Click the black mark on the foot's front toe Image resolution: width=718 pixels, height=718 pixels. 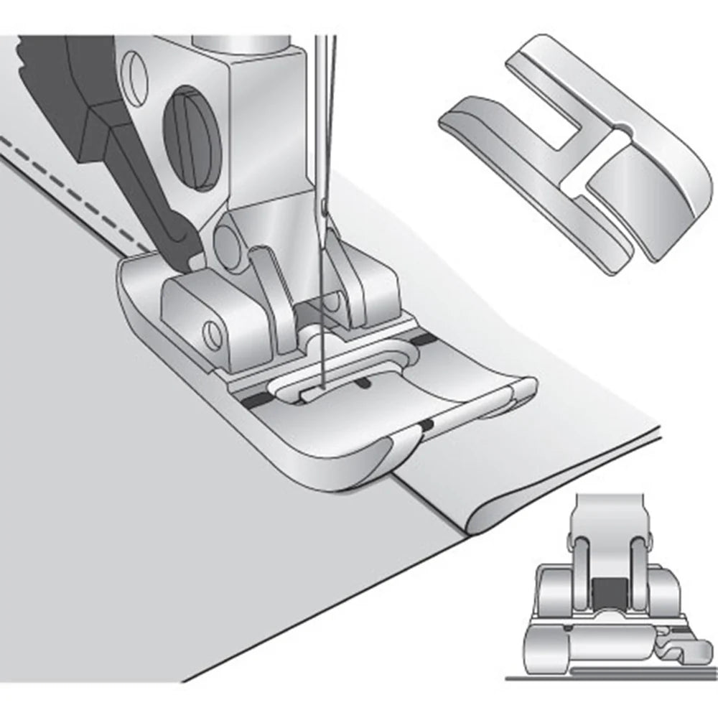point(428,426)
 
